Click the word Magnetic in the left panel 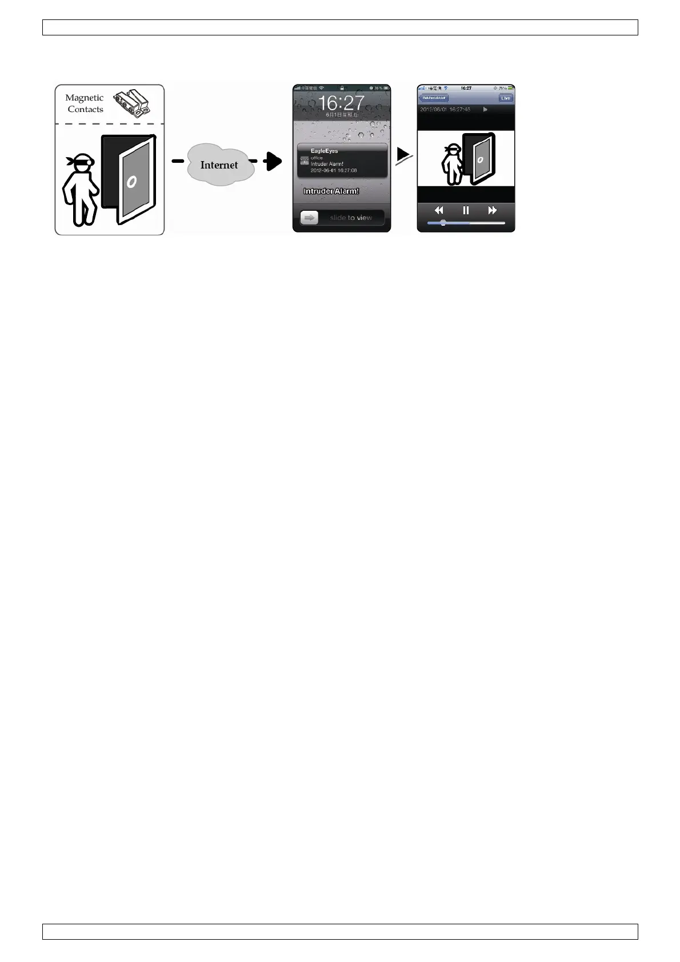click(x=84, y=98)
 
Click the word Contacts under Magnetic click(x=85, y=109)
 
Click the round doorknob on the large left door click(x=132, y=182)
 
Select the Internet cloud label click(x=219, y=165)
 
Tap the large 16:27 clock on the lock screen click(x=341, y=103)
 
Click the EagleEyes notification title click(x=324, y=151)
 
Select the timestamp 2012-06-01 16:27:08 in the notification click(x=334, y=170)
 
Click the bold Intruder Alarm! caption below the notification click(x=331, y=191)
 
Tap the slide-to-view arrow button click(x=309, y=218)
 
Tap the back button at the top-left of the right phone click(x=434, y=98)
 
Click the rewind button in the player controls click(x=439, y=210)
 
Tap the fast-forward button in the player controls click(x=492, y=210)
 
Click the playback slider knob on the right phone click(x=443, y=223)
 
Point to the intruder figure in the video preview click(x=452, y=165)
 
